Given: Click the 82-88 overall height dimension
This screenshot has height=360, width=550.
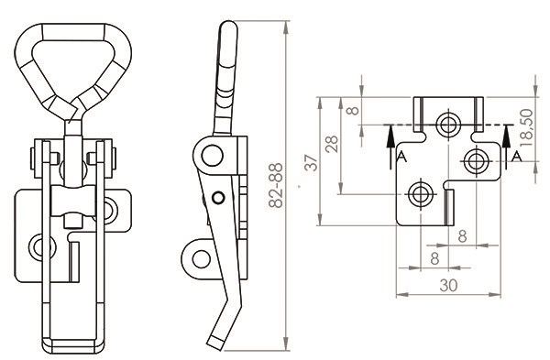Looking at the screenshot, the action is [x=276, y=185].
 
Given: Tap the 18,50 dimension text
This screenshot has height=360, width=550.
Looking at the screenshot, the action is [x=526, y=127].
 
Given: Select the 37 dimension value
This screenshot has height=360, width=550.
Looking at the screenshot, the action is [x=312, y=162].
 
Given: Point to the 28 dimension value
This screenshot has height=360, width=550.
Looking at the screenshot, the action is [x=332, y=144].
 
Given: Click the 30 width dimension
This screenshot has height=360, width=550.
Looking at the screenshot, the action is [x=448, y=286].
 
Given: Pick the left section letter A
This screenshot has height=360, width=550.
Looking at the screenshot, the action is [x=402, y=157].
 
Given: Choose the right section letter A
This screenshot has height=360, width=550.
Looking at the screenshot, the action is [x=516, y=156].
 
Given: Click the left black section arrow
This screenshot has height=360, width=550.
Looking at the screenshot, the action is [x=390, y=147].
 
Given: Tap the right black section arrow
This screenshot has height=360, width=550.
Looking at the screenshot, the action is [x=506, y=147].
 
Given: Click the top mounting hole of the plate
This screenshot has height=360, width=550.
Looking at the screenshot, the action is [x=448, y=124].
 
